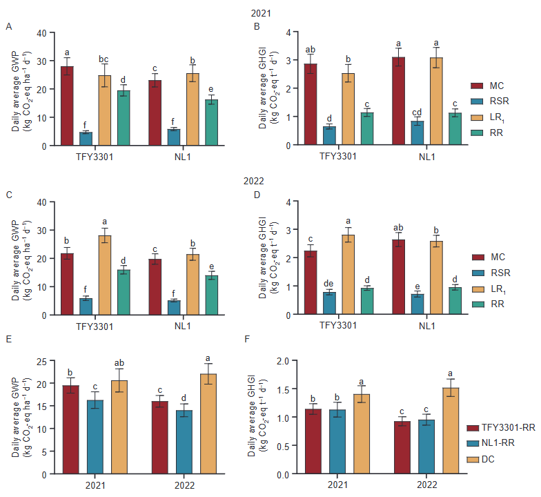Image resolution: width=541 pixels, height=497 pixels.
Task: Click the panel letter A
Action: tap(9, 27)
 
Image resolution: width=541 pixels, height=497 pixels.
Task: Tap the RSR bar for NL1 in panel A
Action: tap(175, 137)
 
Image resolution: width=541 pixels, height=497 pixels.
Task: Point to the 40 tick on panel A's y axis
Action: tap(41, 32)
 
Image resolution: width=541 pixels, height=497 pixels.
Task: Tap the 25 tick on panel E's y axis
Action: tap(41, 360)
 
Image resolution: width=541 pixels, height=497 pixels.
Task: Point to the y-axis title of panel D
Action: tap(268, 257)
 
